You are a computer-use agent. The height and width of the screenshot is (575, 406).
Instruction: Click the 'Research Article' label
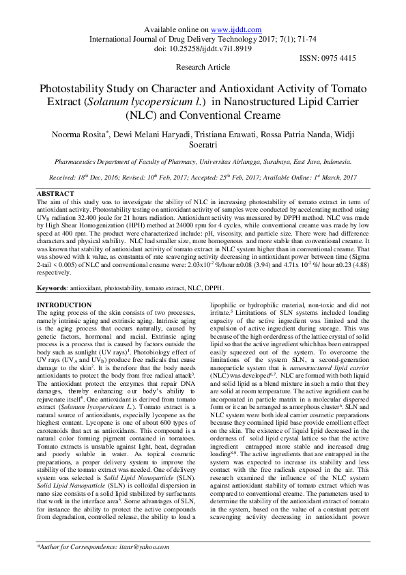[x=203, y=68]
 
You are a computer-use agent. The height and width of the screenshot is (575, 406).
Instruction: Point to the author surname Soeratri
[x=203, y=147]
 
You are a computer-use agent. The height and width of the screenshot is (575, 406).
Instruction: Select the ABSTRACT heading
[x=55, y=195]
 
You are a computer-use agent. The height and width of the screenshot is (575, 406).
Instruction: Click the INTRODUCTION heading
[x=63, y=305]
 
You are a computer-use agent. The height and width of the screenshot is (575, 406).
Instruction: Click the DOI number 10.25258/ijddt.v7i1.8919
[x=210, y=48]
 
